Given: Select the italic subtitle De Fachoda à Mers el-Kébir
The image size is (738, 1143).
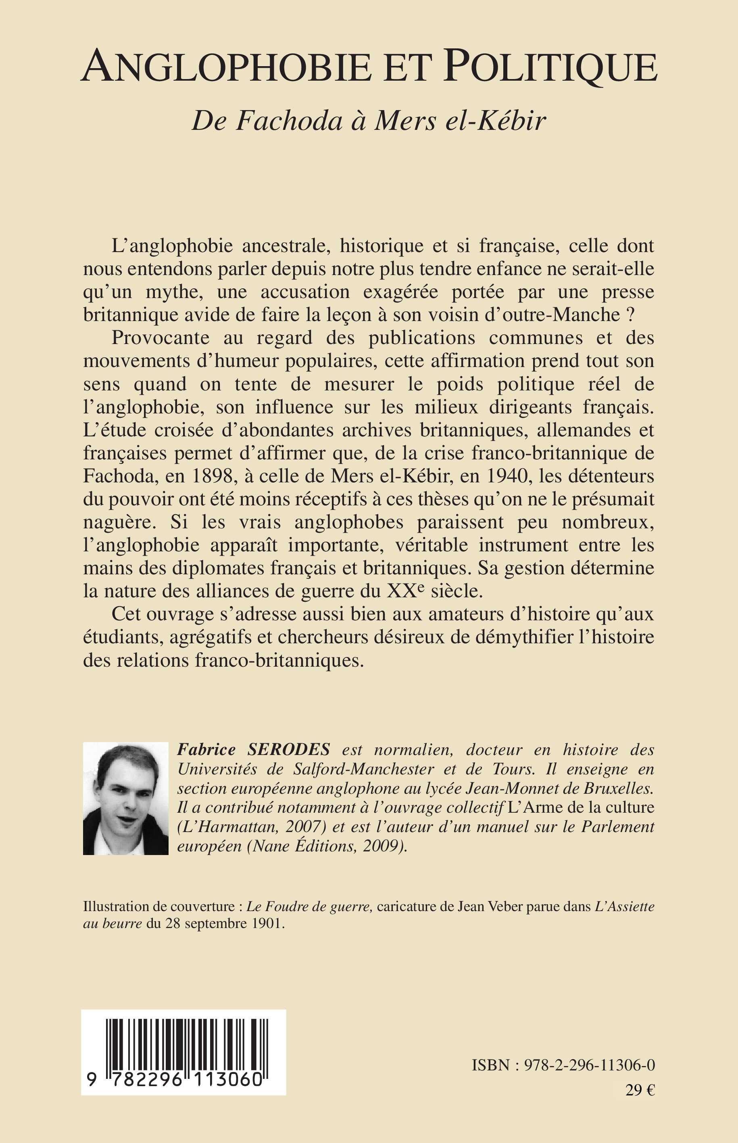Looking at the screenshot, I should tap(369, 121).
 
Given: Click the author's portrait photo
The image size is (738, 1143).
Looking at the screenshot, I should tap(125, 799).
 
